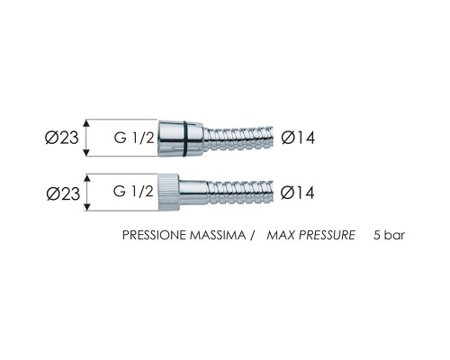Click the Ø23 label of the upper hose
coord(61,138)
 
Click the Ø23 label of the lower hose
coord(63,193)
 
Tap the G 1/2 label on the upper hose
coord(134,138)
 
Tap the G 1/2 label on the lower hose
coord(133,191)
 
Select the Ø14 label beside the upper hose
coord(298,138)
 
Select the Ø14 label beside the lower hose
coord(298,193)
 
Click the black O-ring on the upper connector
coord(185,139)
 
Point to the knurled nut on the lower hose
coord(168,193)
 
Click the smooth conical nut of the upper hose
coord(180,139)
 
